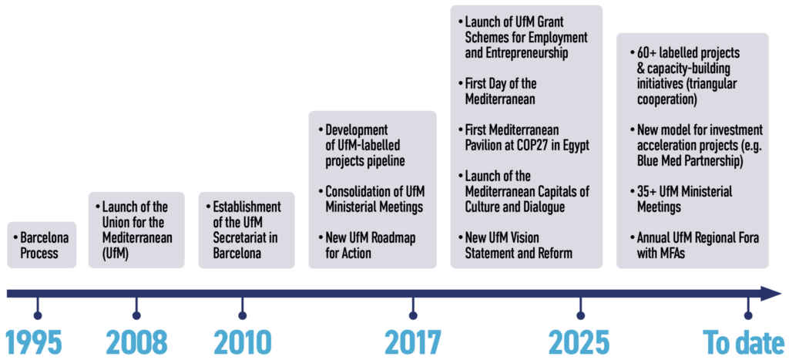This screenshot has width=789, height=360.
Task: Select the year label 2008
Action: (136, 342)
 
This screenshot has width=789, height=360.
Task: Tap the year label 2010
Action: (243, 342)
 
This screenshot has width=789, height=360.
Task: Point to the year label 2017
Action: (413, 342)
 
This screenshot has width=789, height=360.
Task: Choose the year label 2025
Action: (579, 342)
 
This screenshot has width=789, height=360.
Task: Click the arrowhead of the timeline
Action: (771, 294)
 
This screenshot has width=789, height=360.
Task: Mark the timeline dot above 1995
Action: (37, 316)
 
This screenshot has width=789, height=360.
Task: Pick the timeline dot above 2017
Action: (413, 316)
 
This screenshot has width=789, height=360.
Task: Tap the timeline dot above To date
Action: (748, 316)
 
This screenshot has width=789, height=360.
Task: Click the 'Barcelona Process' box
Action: (42, 244)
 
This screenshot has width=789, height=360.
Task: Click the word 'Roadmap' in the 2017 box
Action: (391, 237)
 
